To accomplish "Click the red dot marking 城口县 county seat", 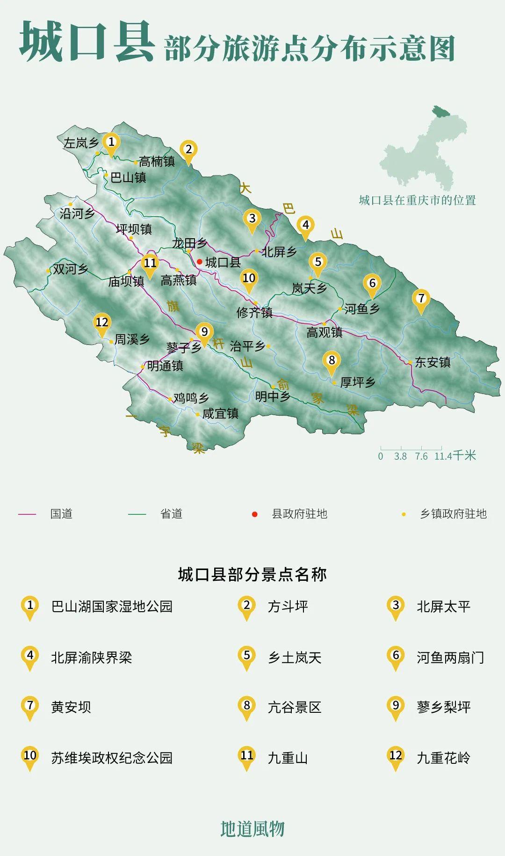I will (200, 262).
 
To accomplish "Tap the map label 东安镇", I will (433, 362).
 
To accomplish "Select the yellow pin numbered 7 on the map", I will (421, 300).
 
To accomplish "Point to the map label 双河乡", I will (71, 269).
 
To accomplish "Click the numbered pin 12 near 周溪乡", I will (102, 323).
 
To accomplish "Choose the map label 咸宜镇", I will (220, 413).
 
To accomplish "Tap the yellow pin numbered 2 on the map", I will (188, 151).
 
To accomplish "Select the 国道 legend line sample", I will (27, 514).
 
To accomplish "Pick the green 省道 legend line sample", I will (137, 514).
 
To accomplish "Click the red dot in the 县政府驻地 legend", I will (254, 514).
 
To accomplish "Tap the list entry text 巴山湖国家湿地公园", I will (112, 607).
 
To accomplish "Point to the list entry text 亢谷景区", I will (295, 707).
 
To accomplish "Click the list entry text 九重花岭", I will (443, 757).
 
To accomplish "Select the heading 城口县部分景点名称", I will (252, 574).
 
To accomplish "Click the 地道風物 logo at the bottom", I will (252, 828).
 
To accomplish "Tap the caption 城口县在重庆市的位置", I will (417, 200).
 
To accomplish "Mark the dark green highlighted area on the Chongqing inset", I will (440, 111).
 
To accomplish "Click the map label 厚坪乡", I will (358, 382).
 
